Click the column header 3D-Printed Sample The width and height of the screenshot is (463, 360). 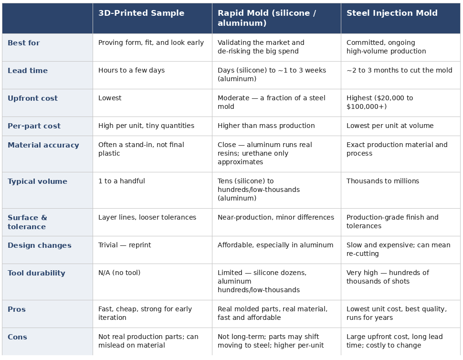(141, 13)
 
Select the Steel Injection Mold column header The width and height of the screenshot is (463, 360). (392, 13)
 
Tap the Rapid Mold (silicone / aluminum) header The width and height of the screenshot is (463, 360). (267, 18)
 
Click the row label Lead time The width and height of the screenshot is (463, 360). (28, 71)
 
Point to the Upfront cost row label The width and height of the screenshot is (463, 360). (32, 98)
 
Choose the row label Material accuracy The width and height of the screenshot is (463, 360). (43, 145)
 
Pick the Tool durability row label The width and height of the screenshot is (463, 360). (36, 273)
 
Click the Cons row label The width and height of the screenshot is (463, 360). (17, 337)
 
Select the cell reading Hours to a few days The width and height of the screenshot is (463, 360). (131, 70)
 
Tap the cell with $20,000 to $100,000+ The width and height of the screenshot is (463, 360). (379, 102)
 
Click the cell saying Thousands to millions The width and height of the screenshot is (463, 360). (383, 181)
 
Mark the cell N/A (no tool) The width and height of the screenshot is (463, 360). (119, 273)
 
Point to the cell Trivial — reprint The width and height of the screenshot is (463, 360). (124, 245)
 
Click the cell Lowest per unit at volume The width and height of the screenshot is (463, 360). (390, 126)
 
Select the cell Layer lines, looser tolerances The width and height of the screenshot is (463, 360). (147, 217)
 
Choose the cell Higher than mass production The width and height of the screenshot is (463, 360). (266, 126)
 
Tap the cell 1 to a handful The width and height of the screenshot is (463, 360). (121, 181)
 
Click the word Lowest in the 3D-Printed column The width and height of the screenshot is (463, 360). (110, 98)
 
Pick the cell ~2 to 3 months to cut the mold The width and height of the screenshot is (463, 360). (399, 70)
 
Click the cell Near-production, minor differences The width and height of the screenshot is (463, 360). (276, 217)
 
